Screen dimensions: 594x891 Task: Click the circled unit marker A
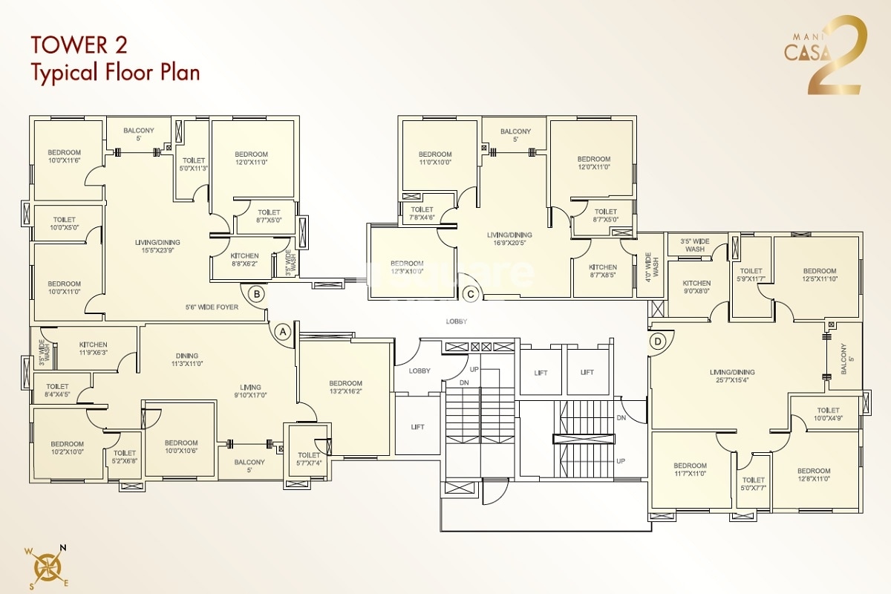282,333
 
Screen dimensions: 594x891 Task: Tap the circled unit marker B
256,294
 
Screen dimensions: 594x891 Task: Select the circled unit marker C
470,294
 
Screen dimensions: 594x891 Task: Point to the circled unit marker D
657,342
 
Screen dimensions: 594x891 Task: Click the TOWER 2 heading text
79,45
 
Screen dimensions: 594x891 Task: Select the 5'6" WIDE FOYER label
212,307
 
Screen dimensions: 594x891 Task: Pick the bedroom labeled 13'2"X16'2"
346,388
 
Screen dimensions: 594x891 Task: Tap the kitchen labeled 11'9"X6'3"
93,349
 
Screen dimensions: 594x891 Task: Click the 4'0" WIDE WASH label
651,266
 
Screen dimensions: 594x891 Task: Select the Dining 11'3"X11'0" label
187,359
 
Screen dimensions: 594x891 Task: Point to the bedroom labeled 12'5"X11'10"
819,275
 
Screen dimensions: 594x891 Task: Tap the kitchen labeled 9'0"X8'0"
696,287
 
